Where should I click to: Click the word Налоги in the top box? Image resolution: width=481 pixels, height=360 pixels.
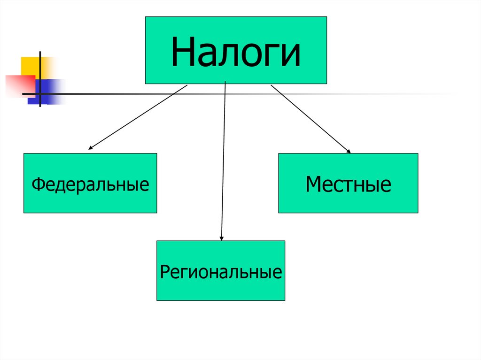[x=236, y=52]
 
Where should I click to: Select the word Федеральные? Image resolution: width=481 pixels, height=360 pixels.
[x=90, y=184]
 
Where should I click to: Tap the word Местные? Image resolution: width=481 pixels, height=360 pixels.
[x=348, y=184]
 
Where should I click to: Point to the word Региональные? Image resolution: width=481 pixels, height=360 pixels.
[x=221, y=272]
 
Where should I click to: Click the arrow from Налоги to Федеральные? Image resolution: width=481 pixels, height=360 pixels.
[x=139, y=117]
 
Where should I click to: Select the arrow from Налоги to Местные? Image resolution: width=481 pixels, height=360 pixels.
[x=310, y=118]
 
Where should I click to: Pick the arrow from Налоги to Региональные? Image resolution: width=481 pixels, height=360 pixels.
[x=224, y=160]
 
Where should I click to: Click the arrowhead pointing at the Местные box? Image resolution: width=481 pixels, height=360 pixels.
[x=348, y=151]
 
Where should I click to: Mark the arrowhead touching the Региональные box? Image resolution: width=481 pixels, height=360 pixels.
[x=222, y=238]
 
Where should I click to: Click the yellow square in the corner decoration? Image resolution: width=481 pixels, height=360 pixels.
[x=30, y=65]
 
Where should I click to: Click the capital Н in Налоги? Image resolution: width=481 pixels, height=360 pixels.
[x=182, y=52]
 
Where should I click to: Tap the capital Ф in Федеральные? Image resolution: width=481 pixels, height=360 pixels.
[x=37, y=184]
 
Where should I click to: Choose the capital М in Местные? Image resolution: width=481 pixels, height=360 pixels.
[x=313, y=184]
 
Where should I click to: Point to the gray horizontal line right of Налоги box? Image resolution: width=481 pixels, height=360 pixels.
[x=390, y=94]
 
